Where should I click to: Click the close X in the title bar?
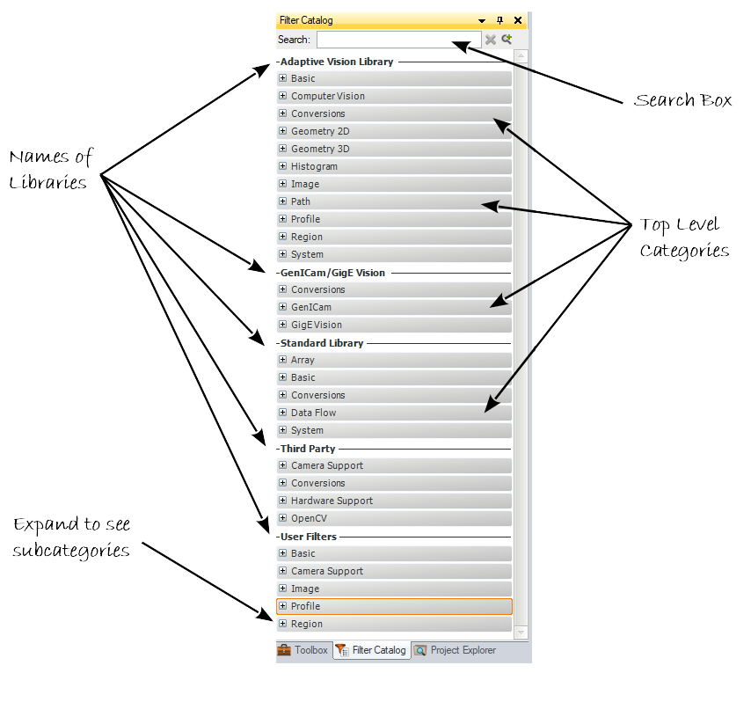point(518,20)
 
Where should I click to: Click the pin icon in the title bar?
point(500,20)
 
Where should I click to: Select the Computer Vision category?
point(328,96)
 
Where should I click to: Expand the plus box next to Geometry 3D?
point(282,149)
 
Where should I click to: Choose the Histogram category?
point(314,166)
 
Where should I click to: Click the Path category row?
point(301,201)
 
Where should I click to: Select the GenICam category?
point(311,307)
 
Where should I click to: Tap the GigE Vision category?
point(317,325)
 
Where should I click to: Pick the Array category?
point(303,360)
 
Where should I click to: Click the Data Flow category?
point(314,413)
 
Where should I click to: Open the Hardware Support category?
point(332,501)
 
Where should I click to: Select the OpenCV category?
point(309,518)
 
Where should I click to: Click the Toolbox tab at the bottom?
point(303,650)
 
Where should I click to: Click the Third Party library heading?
point(308,449)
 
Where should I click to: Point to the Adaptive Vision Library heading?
point(337,62)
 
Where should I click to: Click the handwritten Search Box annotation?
point(682,100)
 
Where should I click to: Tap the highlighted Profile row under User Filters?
point(394,606)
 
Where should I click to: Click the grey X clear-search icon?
point(491,40)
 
